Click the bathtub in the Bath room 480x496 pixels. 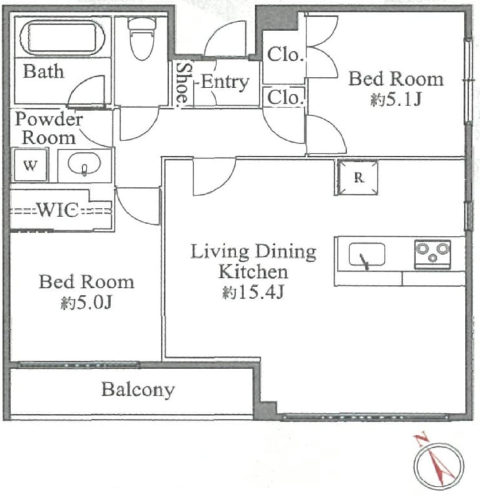(x=62, y=37)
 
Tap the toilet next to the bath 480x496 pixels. (x=142, y=38)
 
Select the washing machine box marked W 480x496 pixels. (x=30, y=165)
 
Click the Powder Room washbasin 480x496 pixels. (x=84, y=164)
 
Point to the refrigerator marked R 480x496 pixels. (x=358, y=177)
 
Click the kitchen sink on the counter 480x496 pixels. (x=367, y=255)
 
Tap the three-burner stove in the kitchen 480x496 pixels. (x=432, y=254)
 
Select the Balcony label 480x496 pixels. (x=138, y=390)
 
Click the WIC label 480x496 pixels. (x=58, y=209)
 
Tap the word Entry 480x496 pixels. (x=225, y=82)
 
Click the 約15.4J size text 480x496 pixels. (x=252, y=292)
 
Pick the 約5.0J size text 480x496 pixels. (x=86, y=303)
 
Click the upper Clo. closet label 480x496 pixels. (x=286, y=55)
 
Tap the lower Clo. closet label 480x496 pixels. (x=286, y=97)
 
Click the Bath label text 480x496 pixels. (x=44, y=71)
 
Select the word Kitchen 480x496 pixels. (x=253, y=272)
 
